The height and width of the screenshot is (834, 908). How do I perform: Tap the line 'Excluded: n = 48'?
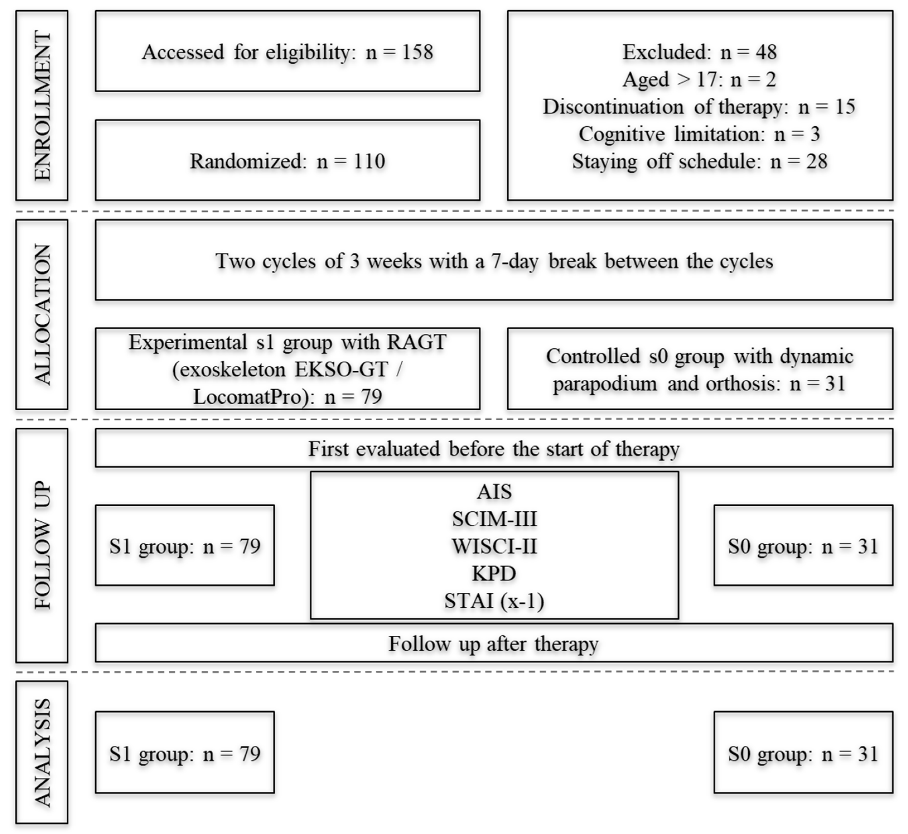click(699, 52)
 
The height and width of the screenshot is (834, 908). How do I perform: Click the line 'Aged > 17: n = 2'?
click(699, 80)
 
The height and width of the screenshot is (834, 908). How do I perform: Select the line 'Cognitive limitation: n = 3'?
click(699, 134)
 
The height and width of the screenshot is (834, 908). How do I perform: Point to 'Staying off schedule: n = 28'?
click(699, 162)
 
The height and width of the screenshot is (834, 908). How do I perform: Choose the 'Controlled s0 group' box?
click(699, 369)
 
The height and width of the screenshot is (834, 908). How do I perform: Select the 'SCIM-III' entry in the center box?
click(494, 519)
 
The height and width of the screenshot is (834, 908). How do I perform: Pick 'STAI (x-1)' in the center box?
click(494, 601)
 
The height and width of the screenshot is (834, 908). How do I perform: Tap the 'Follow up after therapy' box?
click(494, 643)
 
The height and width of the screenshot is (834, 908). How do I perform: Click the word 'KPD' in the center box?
click(494, 573)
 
